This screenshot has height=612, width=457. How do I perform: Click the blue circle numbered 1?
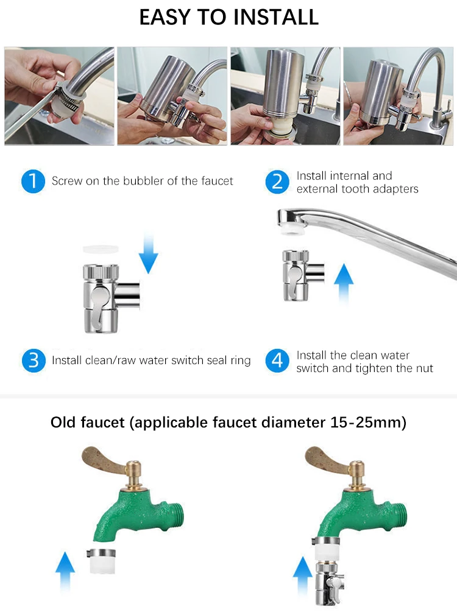point(33,181)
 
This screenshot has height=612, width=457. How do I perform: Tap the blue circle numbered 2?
point(277,181)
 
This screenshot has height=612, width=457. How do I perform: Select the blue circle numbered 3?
point(33,361)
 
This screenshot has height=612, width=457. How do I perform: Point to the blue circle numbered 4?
point(277,361)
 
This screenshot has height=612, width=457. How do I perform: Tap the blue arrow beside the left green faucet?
point(65,570)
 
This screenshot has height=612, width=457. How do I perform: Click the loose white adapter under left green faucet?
point(102,560)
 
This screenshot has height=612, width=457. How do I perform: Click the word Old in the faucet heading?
point(65,422)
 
